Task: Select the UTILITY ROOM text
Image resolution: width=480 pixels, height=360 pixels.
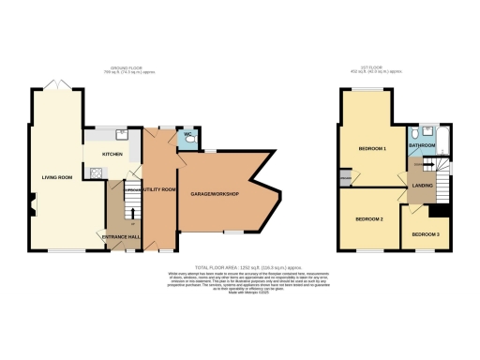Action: (157, 189)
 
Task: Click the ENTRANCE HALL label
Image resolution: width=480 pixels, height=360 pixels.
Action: (119, 237)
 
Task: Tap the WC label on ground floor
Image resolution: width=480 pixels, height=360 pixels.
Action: (187, 135)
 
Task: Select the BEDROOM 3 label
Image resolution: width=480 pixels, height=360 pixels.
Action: (425, 233)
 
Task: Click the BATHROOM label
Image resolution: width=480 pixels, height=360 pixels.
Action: (421, 144)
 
